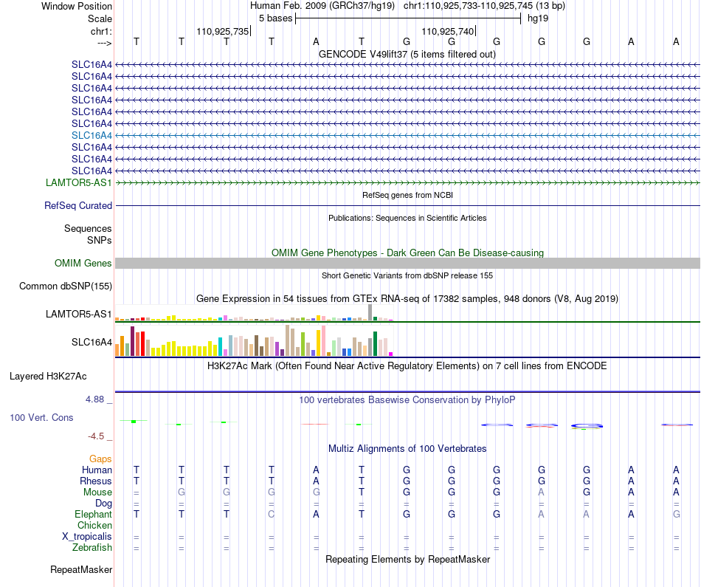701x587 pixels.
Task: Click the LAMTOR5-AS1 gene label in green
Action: point(79,182)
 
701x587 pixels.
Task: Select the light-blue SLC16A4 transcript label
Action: point(91,135)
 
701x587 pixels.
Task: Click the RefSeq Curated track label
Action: point(78,205)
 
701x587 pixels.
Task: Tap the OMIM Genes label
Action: point(83,263)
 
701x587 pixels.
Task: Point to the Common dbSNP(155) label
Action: point(66,286)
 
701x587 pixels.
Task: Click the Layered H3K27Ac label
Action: point(48,377)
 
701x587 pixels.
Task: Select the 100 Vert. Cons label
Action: point(41,417)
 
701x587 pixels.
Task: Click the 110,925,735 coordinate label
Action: point(223,31)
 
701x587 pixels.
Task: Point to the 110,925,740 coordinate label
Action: point(447,31)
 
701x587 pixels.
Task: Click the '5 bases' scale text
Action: point(275,18)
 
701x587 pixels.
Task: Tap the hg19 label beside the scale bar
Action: point(538,18)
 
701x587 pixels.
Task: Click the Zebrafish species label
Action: point(92,547)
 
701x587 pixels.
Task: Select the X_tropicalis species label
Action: point(87,537)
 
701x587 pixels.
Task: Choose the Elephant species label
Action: point(93,514)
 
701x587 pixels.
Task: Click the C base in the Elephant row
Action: point(272,514)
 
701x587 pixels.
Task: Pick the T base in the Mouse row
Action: point(362,492)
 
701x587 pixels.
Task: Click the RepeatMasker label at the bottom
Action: point(81,569)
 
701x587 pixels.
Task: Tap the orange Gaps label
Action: point(100,459)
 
